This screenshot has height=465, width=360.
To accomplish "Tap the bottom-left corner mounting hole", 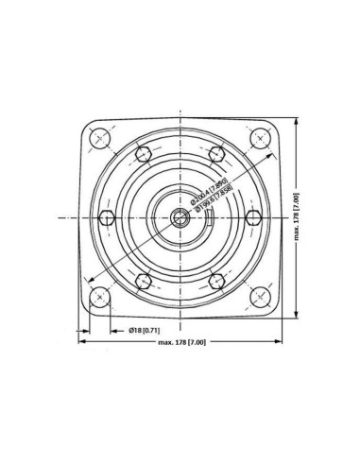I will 99,299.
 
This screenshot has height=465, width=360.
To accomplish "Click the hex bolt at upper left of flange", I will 142,154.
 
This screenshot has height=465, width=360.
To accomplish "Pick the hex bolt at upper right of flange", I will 217,154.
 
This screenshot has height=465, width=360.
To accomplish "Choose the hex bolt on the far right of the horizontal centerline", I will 252,218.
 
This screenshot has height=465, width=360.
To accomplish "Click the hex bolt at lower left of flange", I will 142,281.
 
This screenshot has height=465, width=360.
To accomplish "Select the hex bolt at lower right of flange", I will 217,281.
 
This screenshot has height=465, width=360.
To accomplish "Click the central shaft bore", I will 180,218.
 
